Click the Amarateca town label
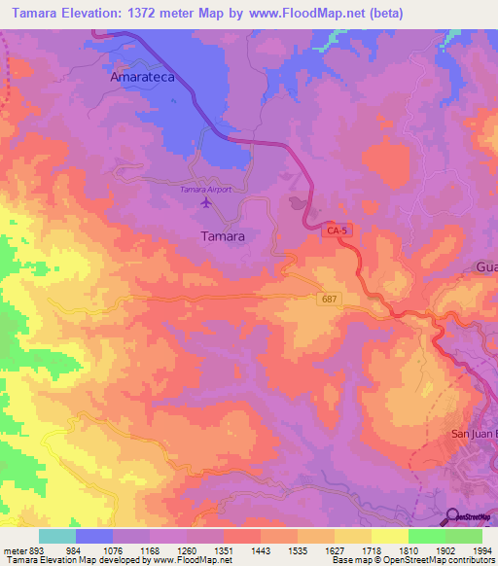(142, 76)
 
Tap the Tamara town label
(222, 235)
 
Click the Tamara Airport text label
(205, 190)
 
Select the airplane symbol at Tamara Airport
(205, 203)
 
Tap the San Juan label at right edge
(475, 434)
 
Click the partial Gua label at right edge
(486, 266)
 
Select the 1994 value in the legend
(480, 549)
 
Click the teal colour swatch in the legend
(57, 536)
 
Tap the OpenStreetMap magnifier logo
(452, 516)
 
